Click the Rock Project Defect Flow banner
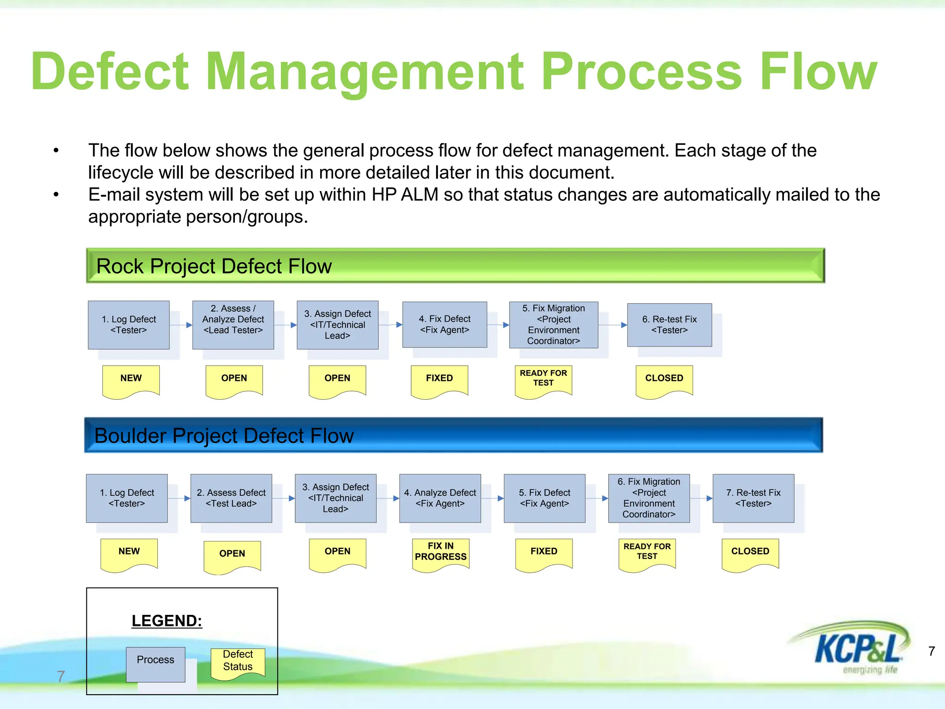point(455,266)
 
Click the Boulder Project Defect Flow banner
point(453,435)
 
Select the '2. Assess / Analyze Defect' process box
point(233,324)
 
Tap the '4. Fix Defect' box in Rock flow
point(444,324)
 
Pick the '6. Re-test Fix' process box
point(669,325)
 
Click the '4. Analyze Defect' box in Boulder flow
point(440,498)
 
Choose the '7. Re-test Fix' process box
point(753,498)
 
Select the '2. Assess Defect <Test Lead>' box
point(231,498)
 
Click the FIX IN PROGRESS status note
point(441,552)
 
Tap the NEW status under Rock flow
point(131,379)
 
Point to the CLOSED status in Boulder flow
point(750,552)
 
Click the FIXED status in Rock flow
point(439,379)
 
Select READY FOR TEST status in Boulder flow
point(647,552)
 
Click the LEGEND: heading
point(167,621)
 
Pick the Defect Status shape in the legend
point(238,661)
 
